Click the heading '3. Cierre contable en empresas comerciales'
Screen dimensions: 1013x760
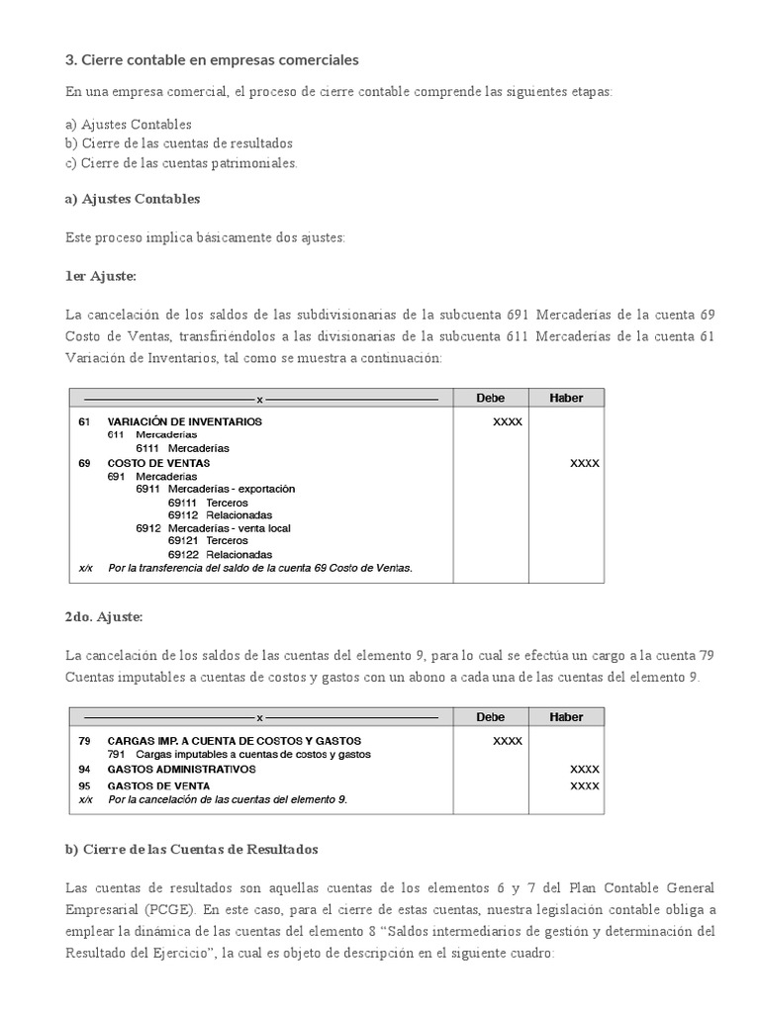pyautogui.click(x=212, y=60)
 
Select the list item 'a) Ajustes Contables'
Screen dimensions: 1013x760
pyautogui.click(x=129, y=125)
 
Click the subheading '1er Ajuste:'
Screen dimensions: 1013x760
pyautogui.click(x=101, y=276)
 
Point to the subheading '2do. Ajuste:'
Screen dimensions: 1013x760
pyautogui.click(x=104, y=616)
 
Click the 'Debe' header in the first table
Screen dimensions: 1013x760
pyautogui.click(x=490, y=398)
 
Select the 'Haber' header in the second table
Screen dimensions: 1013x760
pyautogui.click(x=566, y=717)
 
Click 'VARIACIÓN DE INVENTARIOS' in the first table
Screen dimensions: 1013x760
pyautogui.click(x=184, y=421)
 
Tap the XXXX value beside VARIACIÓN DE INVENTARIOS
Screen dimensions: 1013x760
pyautogui.click(x=508, y=421)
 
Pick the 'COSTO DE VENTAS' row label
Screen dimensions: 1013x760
pyautogui.click(x=158, y=463)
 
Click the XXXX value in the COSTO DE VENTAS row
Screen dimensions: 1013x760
pyautogui.click(x=584, y=463)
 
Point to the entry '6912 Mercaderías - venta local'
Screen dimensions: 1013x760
pyautogui.click(x=213, y=528)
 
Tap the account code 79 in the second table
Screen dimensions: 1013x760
pyautogui.click(x=84, y=740)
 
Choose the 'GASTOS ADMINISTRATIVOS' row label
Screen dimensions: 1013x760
pyautogui.click(x=181, y=769)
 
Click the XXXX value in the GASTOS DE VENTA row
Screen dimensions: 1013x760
pyautogui.click(x=584, y=786)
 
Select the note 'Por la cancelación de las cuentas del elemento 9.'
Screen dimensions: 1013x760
pyautogui.click(x=228, y=799)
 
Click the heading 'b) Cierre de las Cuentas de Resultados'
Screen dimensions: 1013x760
pyautogui.click(x=192, y=850)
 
